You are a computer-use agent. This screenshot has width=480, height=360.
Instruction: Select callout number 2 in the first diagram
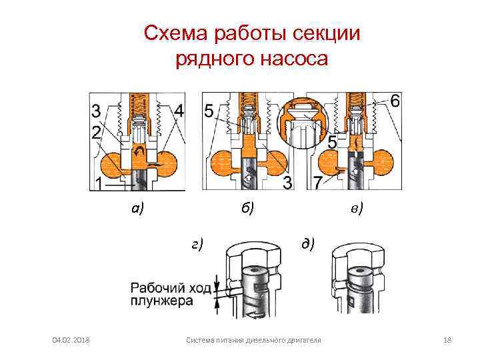pyautogui.click(x=97, y=131)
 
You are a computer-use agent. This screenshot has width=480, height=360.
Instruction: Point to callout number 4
pyautogui.click(x=180, y=110)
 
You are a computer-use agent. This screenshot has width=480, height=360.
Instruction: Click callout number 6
pyautogui.click(x=395, y=101)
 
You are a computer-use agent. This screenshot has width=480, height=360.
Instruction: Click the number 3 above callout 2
pyautogui.click(x=97, y=110)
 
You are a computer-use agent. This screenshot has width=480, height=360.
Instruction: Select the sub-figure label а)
pyautogui.click(x=138, y=209)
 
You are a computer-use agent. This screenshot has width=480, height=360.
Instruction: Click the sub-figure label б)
pyautogui.click(x=248, y=209)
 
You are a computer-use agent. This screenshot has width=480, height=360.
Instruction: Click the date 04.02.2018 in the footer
pyautogui.click(x=71, y=341)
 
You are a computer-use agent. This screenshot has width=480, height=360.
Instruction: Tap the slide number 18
pyautogui.click(x=447, y=341)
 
